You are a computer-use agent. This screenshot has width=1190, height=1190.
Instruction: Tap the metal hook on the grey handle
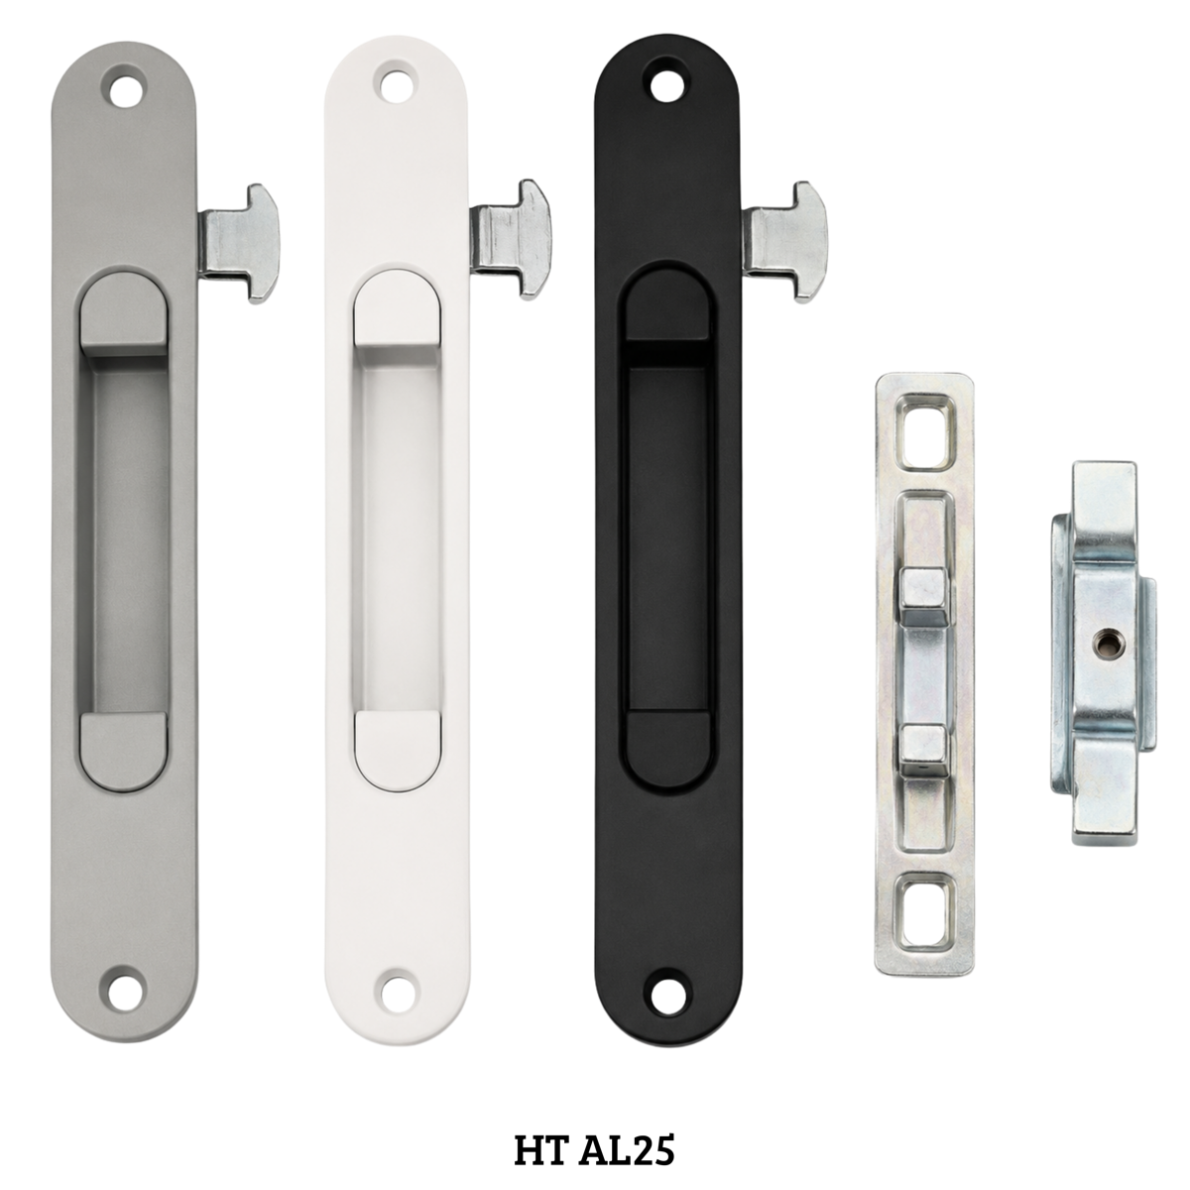coord(241,243)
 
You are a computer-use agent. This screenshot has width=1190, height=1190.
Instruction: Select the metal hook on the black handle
coord(786,241)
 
